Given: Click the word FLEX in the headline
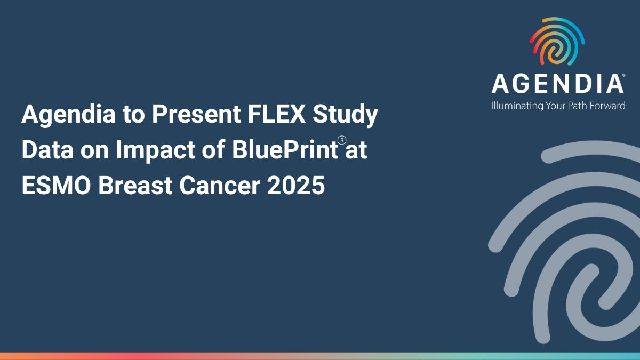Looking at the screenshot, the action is pyautogui.click(x=277, y=114).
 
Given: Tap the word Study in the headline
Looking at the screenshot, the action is pyautogui.click(x=345, y=116).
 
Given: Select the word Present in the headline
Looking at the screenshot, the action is pyautogui.click(x=196, y=114).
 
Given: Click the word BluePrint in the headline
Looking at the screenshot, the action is pyautogui.click(x=285, y=149).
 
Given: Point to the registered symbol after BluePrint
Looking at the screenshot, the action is pyautogui.click(x=342, y=141).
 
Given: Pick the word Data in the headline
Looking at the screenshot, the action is pyautogui.click(x=47, y=149).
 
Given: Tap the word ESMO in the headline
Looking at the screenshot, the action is pyautogui.click(x=57, y=185).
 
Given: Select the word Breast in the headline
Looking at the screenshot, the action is pyautogui.click(x=135, y=185).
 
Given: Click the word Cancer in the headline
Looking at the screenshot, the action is pyautogui.click(x=219, y=185).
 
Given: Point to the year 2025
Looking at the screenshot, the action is pyautogui.click(x=295, y=185).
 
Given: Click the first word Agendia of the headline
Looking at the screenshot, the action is pyautogui.click(x=69, y=115).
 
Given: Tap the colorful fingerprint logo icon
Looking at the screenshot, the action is pyautogui.click(x=557, y=41).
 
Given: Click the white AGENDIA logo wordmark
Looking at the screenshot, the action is pyautogui.click(x=557, y=83).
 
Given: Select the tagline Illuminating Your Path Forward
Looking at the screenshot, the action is pyautogui.click(x=558, y=106).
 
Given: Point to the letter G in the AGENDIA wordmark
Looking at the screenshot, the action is pyautogui.click(x=523, y=83).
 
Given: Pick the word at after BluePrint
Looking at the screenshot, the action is pyautogui.click(x=356, y=150).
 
